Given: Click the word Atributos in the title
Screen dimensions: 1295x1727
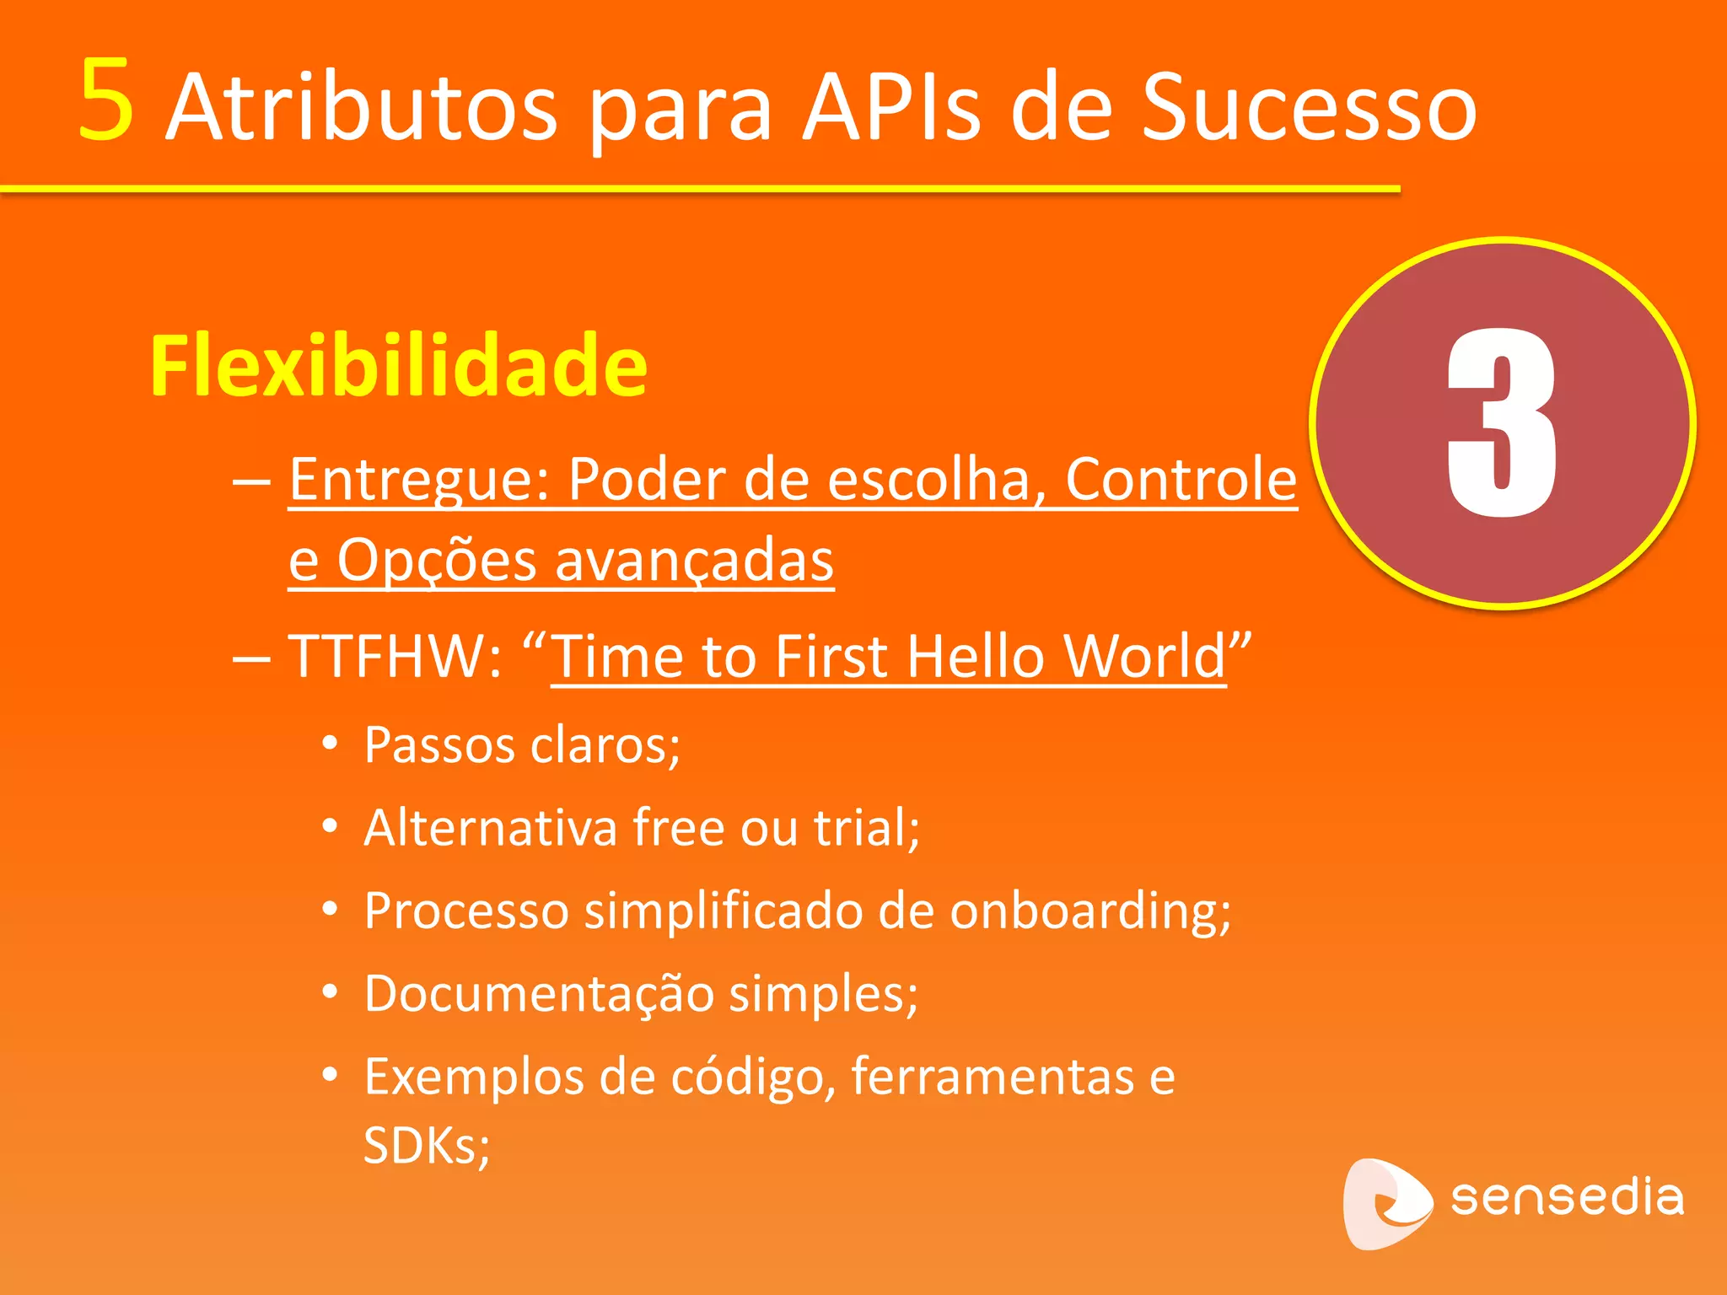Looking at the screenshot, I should (361, 108).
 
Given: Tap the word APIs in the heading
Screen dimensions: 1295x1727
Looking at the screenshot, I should (891, 108).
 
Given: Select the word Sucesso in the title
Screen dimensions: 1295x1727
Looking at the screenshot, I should (1308, 108).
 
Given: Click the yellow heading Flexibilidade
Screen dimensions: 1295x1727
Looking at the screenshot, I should (398, 366).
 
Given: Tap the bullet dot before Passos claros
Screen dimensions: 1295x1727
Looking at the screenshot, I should (330, 744).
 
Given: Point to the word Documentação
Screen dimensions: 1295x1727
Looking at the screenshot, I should (540, 993).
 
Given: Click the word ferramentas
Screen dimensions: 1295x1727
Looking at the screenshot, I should (993, 1077).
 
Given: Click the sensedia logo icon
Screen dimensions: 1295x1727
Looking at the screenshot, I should (1385, 1203).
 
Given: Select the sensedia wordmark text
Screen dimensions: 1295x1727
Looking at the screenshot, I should (1567, 1197).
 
